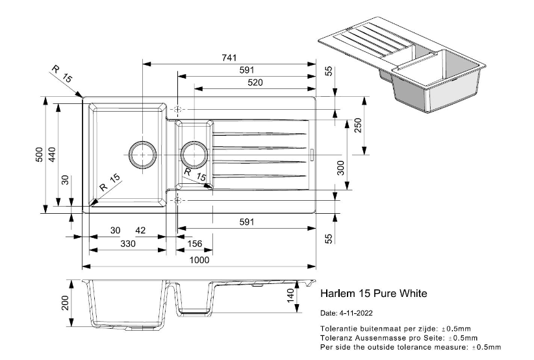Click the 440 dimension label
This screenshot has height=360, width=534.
pos(53,155)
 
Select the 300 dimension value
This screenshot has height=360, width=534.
pos(342,167)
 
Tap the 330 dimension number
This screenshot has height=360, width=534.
pos(128,244)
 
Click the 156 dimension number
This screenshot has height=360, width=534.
pos(194,244)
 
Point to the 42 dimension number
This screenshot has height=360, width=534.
pos(140,230)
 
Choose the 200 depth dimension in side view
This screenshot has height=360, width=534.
pos(66,303)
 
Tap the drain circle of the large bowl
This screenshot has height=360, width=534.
pos(142,154)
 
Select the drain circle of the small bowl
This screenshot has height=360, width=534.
pos(194,154)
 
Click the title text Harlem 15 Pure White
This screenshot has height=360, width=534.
pos(374,294)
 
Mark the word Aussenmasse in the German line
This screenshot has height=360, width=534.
pos(380,338)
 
